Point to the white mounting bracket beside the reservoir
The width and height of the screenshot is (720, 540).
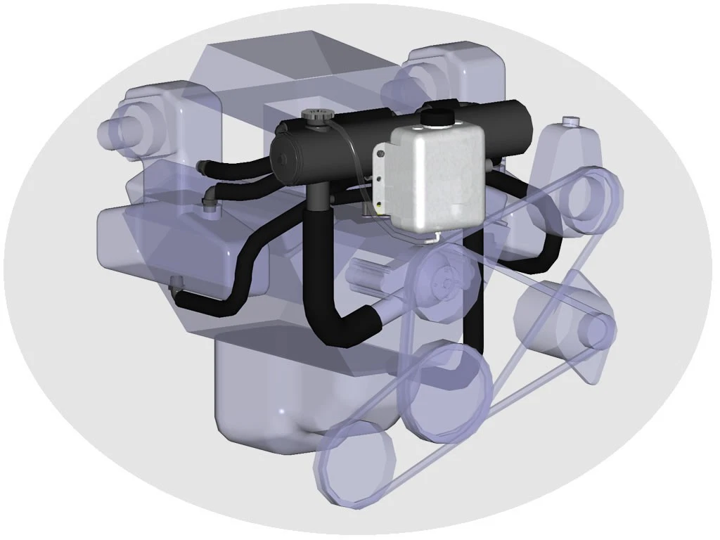coord(382,179)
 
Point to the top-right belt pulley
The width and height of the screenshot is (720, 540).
coord(589,200)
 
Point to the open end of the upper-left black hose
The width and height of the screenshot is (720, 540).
coord(201,167)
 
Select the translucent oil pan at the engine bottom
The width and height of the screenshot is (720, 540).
coord(281,401)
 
